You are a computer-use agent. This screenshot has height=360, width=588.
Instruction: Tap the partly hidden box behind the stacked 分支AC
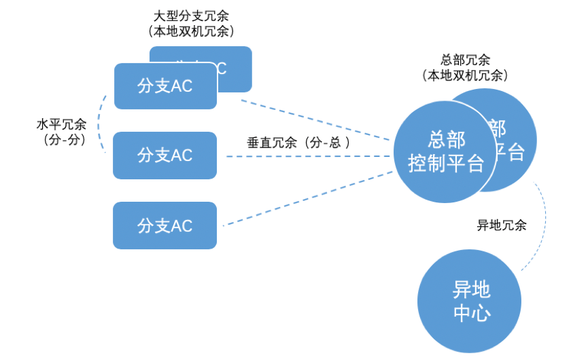235,68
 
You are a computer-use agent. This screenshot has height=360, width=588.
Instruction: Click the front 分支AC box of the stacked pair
165,86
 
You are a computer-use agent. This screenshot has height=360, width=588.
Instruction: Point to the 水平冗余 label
61,125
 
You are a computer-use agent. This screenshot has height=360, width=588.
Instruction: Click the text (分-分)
61,140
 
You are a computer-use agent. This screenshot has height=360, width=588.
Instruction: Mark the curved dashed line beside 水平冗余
100,122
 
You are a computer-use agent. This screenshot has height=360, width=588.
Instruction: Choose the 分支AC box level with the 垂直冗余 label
165,156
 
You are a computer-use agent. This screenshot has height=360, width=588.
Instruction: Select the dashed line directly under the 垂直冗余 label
306,157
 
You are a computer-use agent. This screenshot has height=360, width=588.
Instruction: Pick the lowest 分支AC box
165,225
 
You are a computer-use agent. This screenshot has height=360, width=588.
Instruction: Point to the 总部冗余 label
465,60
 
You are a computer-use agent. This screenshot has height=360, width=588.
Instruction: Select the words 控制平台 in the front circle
446,164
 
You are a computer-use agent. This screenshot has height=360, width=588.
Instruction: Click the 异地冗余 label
502,226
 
